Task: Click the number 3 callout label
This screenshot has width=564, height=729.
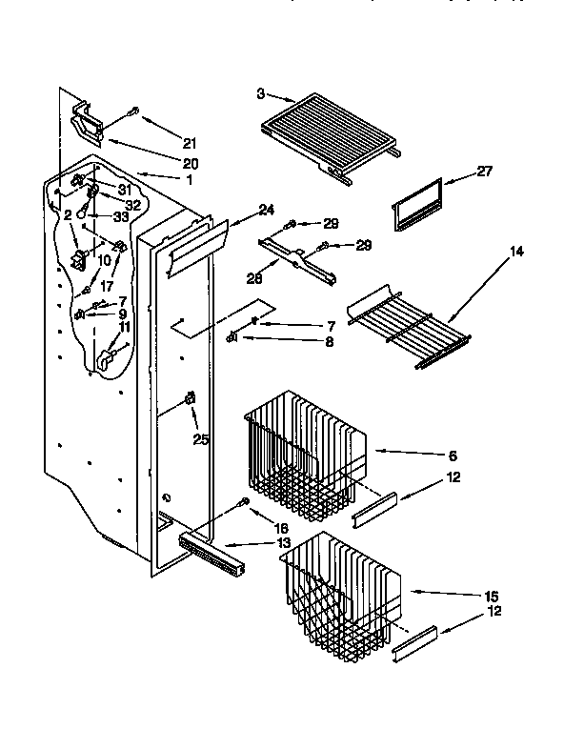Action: click(x=260, y=93)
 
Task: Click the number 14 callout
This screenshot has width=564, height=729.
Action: click(x=516, y=253)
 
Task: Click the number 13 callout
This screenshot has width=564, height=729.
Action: click(x=284, y=543)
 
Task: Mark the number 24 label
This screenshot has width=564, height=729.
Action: click(x=266, y=210)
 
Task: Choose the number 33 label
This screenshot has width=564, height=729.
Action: click(x=120, y=217)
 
